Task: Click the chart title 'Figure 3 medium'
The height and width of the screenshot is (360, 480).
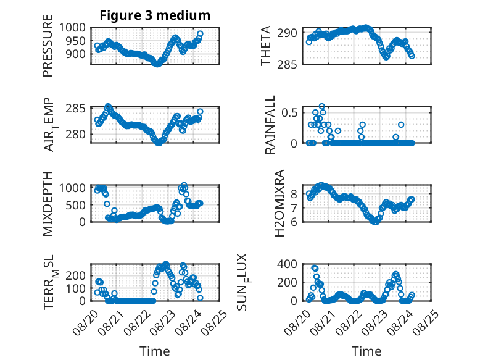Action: point(155,15)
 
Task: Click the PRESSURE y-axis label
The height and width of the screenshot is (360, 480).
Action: point(48,46)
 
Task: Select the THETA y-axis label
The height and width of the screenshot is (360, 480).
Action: point(266,46)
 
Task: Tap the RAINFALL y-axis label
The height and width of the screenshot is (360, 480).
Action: point(270,125)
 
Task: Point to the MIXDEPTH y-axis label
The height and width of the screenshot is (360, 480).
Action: point(48,203)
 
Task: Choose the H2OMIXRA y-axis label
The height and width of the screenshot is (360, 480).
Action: point(279,203)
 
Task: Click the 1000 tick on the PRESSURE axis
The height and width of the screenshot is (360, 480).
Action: point(72,28)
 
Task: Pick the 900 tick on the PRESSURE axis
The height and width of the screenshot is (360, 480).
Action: point(76,54)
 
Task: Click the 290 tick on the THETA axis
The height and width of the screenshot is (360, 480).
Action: point(287,33)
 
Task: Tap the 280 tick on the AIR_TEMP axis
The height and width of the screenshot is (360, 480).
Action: point(76,134)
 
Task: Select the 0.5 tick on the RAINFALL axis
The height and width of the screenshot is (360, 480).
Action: point(289,112)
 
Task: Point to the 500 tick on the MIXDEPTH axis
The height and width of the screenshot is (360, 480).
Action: point(76,205)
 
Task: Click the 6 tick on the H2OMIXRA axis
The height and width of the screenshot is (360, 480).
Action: point(294,222)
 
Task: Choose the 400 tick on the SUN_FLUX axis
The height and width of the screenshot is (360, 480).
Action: point(287,264)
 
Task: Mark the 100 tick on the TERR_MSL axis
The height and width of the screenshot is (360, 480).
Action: point(76,288)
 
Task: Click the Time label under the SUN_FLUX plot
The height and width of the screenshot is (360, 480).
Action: point(366,351)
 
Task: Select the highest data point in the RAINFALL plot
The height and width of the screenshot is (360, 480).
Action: point(321,106)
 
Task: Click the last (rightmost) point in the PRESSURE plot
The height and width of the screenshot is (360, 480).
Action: point(200,34)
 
